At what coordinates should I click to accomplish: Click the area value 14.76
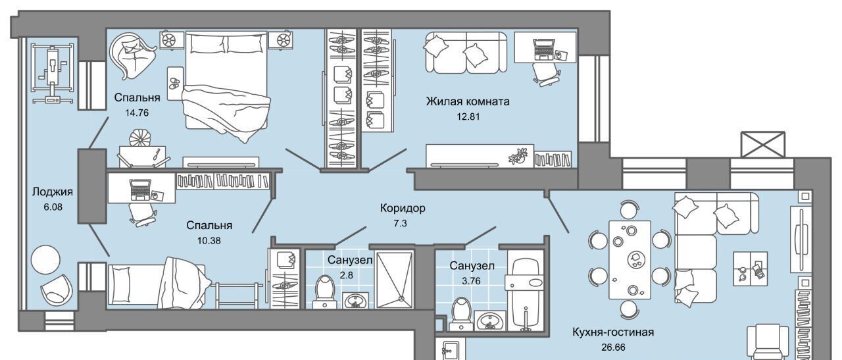coord(137,113)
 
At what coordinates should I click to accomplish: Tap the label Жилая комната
coord(468,101)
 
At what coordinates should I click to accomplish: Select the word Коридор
coord(403,208)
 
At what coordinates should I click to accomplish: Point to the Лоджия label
coord(52,192)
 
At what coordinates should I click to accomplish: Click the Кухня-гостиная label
coord(613,332)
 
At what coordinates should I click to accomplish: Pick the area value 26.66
coord(613,347)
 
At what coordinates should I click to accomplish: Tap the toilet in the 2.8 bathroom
coord(325,292)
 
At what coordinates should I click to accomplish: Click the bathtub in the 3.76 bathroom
coord(525,290)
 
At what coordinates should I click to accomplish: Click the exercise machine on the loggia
coord(52,73)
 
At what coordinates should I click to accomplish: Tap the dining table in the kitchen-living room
coord(630,260)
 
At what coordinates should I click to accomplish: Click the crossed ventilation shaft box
coord(763,144)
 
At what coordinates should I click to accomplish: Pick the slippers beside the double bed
coord(175,83)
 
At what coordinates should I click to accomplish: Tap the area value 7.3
coord(400,223)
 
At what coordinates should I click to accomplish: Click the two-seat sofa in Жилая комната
coord(466,52)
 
